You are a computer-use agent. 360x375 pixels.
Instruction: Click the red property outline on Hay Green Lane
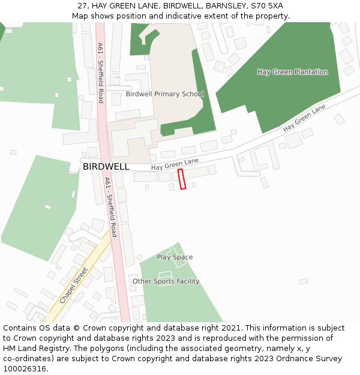(x=182, y=179)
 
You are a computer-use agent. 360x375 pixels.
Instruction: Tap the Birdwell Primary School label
(x=164, y=94)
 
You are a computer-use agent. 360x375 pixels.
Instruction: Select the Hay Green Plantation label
(x=292, y=72)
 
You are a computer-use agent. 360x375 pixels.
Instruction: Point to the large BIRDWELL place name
(x=106, y=166)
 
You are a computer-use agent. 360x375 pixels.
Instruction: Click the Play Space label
(x=175, y=257)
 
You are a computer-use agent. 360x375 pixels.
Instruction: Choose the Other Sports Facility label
(x=166, y=281)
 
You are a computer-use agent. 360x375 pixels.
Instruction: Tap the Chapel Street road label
(x=74, y=285)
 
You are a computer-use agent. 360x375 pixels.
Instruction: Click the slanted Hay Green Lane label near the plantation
(x=304, y=118)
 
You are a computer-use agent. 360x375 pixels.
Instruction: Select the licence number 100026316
(x=25, y=369)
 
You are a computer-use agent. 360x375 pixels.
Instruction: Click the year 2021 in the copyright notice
(x=230, y=328)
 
